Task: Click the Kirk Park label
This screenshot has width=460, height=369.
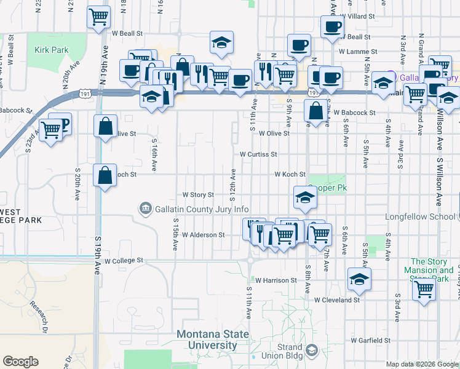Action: pyautogui.click(x=50, y=49)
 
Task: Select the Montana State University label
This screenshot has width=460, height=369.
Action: pyautogui.click(x=213, y=340)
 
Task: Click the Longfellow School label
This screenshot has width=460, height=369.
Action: pyautogui.click(x=420, y=216)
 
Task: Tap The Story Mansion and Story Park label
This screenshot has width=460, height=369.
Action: pyautogui.click(x=432, y=270)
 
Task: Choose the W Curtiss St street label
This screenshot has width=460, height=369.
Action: pyautogui.click(x=258, y=154)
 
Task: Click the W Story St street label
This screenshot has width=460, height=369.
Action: pyautogui.click(x=197, y=194)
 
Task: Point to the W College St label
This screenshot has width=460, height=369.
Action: pyautogui.click(x=124, y=261)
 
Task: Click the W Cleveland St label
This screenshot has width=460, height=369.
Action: pyautogui.click(x=336, y=300)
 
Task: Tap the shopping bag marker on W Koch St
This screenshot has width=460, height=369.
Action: pyautogui.click(x=105, y=175)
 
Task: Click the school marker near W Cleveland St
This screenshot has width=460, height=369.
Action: pyautogui.click(x=359, y=279)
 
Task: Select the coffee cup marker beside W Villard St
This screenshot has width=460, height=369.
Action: pyautogui.click(x=333, y=26)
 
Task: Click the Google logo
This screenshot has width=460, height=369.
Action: pyautogui.click(x=20, y=362)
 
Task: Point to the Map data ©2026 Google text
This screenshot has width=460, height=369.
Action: pyautogui.click(x=422, y=364)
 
